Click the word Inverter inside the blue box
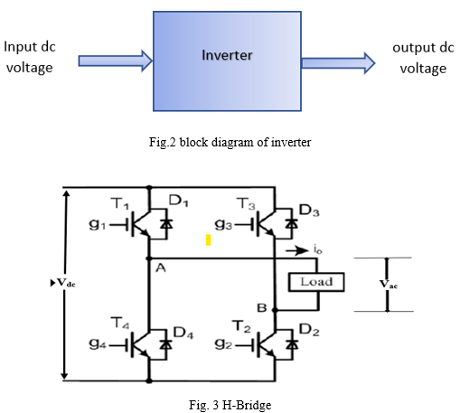pos(227,55)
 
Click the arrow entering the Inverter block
pos(116,61)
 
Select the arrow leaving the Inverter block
pos(338,63)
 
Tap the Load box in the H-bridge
pos(316,282)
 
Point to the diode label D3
pos(309,210)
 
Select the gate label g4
pos(98,343)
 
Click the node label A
pos(161,268)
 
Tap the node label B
pos(262,307)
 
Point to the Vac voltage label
pos(389,284)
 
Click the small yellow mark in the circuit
pos(208,240)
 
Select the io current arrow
pos(296,250)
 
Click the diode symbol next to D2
pos(292,344)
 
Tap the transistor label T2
pos(241,326)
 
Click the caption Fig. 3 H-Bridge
pos(230,405)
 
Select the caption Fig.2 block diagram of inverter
pos(230,142)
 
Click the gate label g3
pos(223,224)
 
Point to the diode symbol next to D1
pos(166,224)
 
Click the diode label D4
pos(183,333)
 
